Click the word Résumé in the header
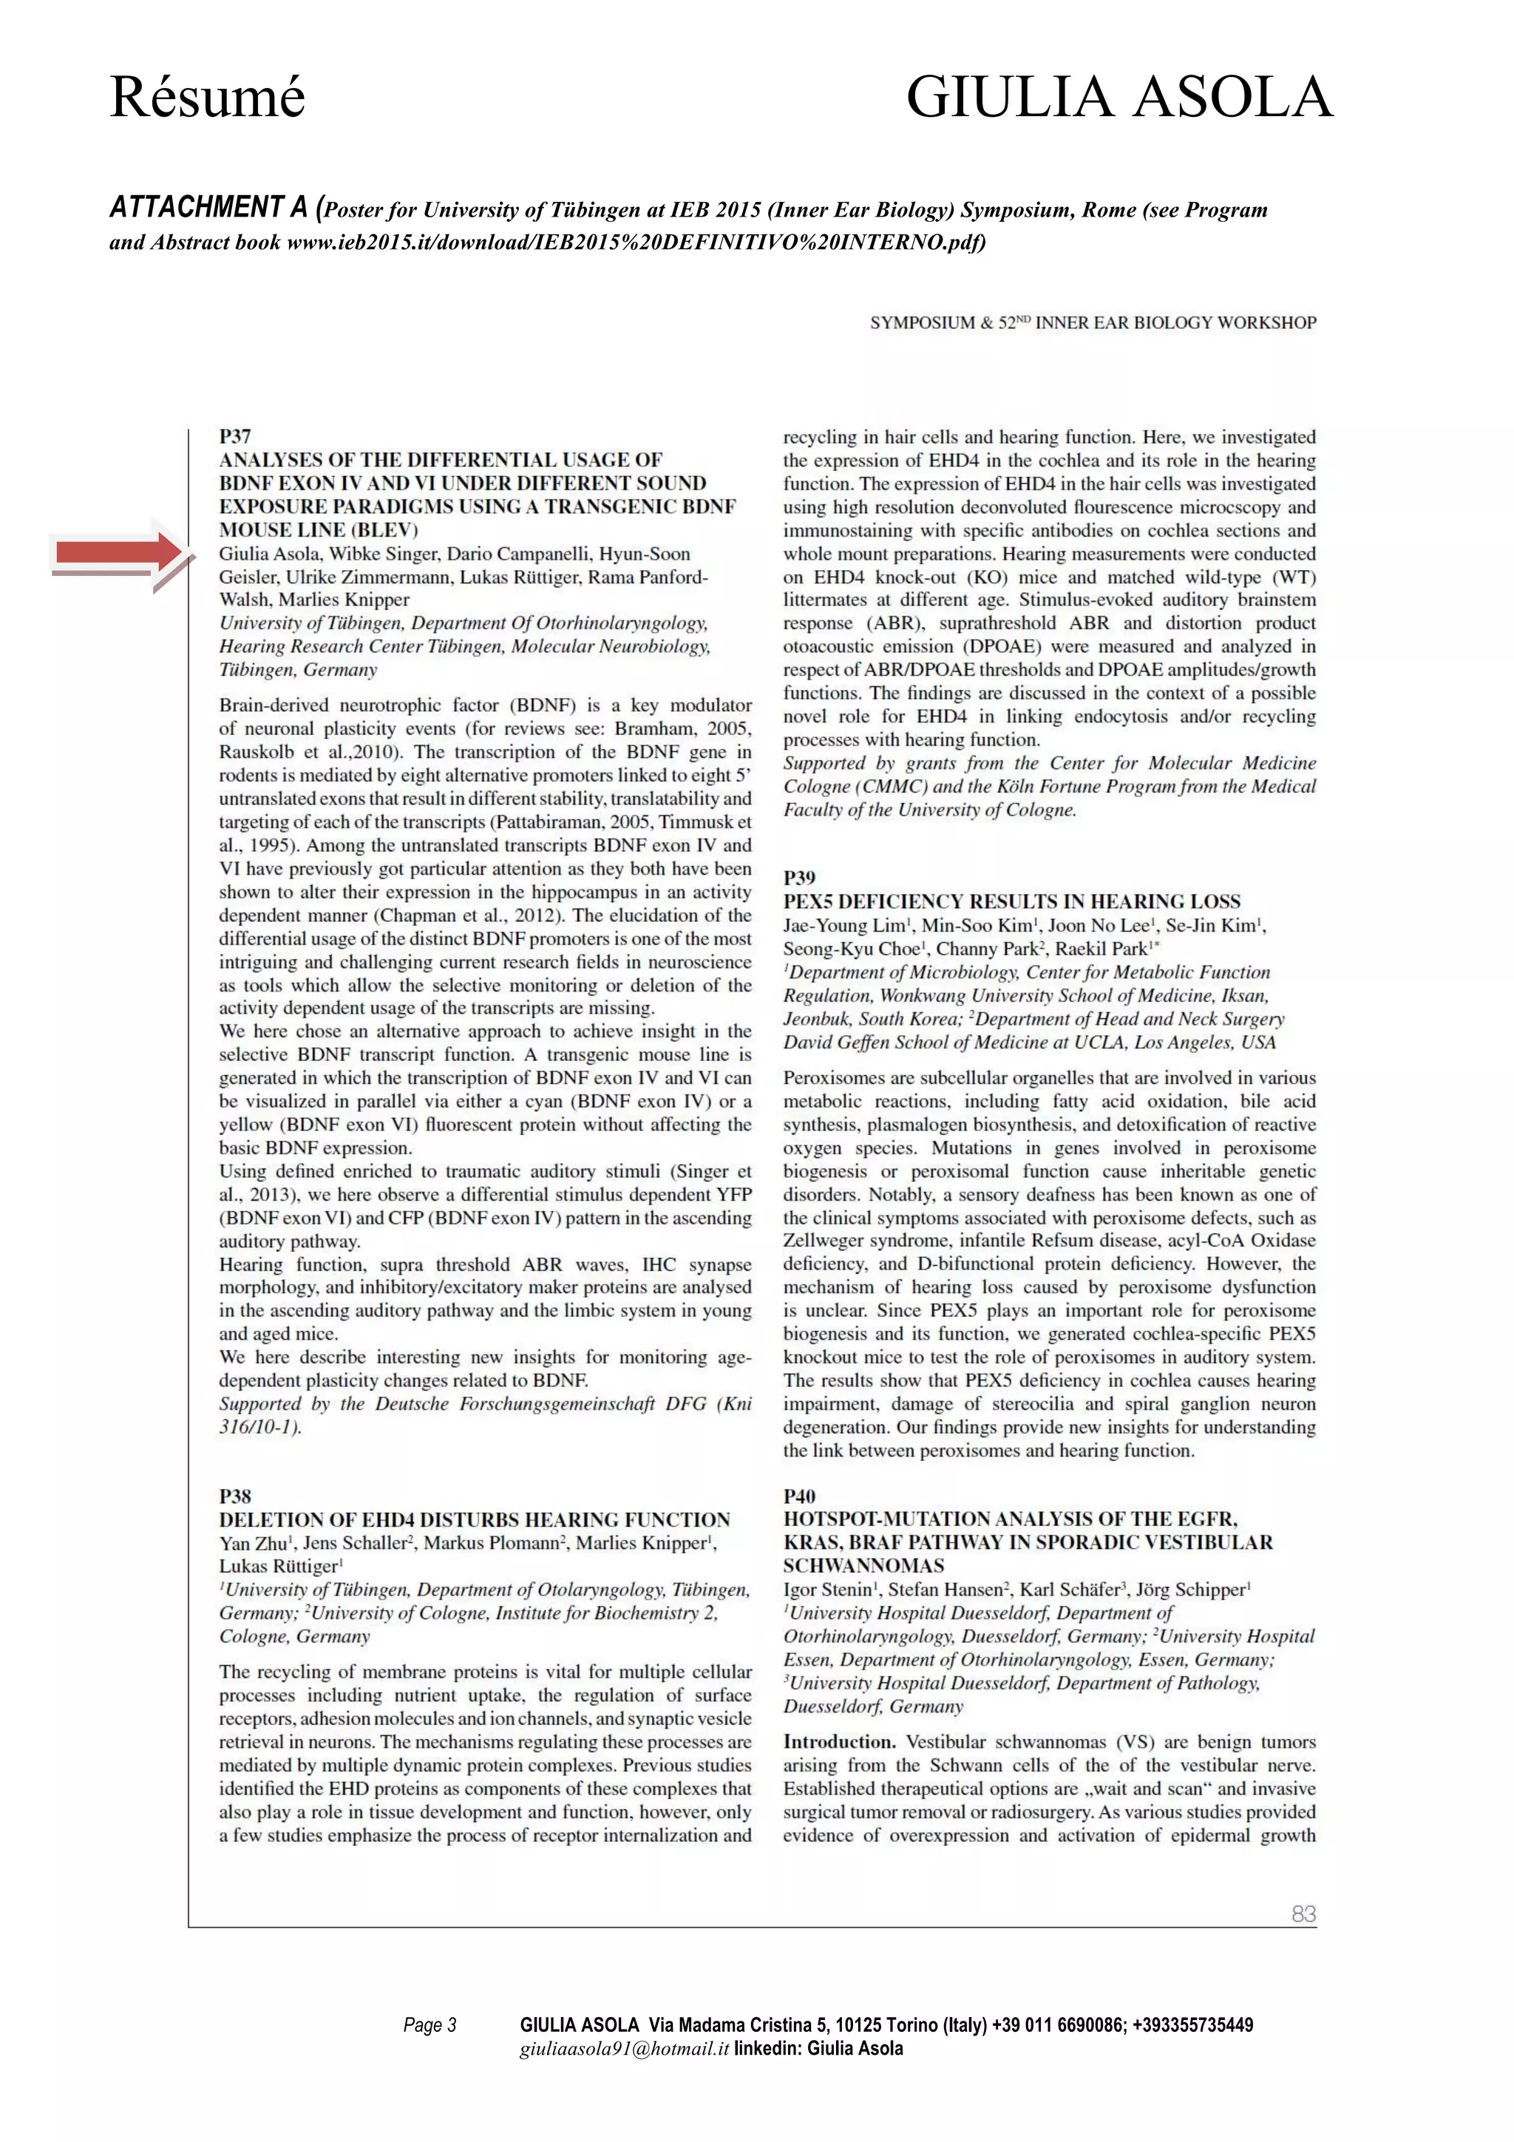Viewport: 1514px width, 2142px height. pos(207,97)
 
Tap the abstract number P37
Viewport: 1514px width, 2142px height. pos(235,437)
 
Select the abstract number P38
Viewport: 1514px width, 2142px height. pos(235,1497)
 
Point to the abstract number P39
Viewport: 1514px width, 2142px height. pos(799,878)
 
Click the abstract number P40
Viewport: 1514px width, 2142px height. pos(799,1497)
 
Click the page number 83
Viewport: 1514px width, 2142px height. pos(1303,1914)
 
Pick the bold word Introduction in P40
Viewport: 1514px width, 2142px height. pos(838,1742)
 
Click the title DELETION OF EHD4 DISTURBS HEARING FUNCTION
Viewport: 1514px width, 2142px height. pos(474,1519)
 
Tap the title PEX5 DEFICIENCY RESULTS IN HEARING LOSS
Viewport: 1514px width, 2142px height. pos(1011,901)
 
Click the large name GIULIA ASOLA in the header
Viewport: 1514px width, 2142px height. pos(1119,97)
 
